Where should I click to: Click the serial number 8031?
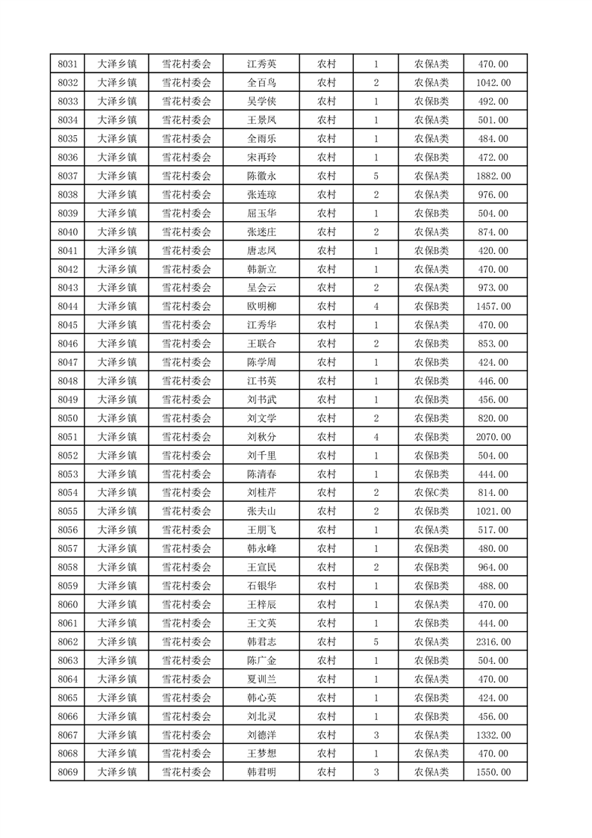click(68, 64)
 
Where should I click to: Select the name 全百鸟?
click(261, 83)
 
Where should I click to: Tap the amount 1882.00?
click(493, 176)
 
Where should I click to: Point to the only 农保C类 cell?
click(431, 493)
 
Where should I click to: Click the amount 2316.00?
click(493, 642)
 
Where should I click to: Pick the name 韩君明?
click(261, 772)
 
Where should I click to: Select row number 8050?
click(68, 418)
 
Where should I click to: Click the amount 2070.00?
click(493, 437)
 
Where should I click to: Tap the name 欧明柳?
click(261, 306)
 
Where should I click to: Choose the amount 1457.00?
click(493, 306)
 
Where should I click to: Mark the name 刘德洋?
click(261, 735)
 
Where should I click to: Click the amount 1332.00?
click(493, 735)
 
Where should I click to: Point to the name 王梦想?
click(261, 754)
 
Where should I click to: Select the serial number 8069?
click(68, 772)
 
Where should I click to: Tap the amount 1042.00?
click(493, 83)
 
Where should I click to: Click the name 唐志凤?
click(261, 251)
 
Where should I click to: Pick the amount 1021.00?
click(493, 512)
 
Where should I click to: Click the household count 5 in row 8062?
click(376, 642)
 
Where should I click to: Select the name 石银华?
click(261, 586)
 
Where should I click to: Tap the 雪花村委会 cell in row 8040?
click(187, 232)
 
